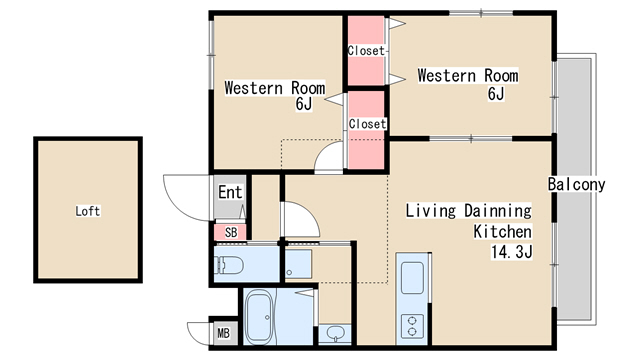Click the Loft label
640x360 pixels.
(88, 211)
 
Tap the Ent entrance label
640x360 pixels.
(230, 192)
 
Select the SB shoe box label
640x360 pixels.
(231, 233)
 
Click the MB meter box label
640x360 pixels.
(223, 333)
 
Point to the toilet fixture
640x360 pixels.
(229, 266)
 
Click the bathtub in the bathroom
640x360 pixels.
(259, 317)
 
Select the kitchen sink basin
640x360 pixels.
(412, 278)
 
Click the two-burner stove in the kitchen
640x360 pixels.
(412, 326)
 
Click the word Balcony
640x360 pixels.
(576, 184)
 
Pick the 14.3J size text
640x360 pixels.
(512, 252)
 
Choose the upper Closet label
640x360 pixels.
(366, 51)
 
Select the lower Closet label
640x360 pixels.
(367, 124)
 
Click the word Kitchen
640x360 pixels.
(502, 232)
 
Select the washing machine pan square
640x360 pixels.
(298, 264)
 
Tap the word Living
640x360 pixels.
(430, 211)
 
